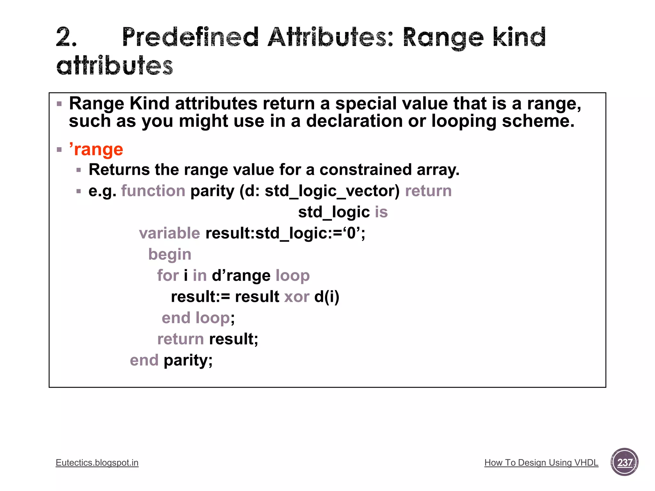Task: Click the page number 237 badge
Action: tap(624, 462)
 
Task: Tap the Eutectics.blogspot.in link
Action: tap(97, 463)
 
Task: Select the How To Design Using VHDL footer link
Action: tap(541, 463)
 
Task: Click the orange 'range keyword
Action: tap(96, 149)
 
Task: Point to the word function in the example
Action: tap(153, 191)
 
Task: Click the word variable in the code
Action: tap(170, 233)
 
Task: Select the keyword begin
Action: tap(170, 254)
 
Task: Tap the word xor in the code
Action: tap(296, 297)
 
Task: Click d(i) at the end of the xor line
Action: tap(327, 297)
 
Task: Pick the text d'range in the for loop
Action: tap(241, 276)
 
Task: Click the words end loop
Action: tap(196, 318)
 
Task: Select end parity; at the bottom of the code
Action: tap(171, 360)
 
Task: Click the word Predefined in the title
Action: tap(190, 37)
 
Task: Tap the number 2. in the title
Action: tap(67, 37)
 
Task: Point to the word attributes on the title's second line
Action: tap(114, 66)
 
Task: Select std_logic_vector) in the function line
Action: tap(332, 191)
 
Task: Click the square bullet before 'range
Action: tap(59, 150)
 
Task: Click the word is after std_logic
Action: tap(381, 212)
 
